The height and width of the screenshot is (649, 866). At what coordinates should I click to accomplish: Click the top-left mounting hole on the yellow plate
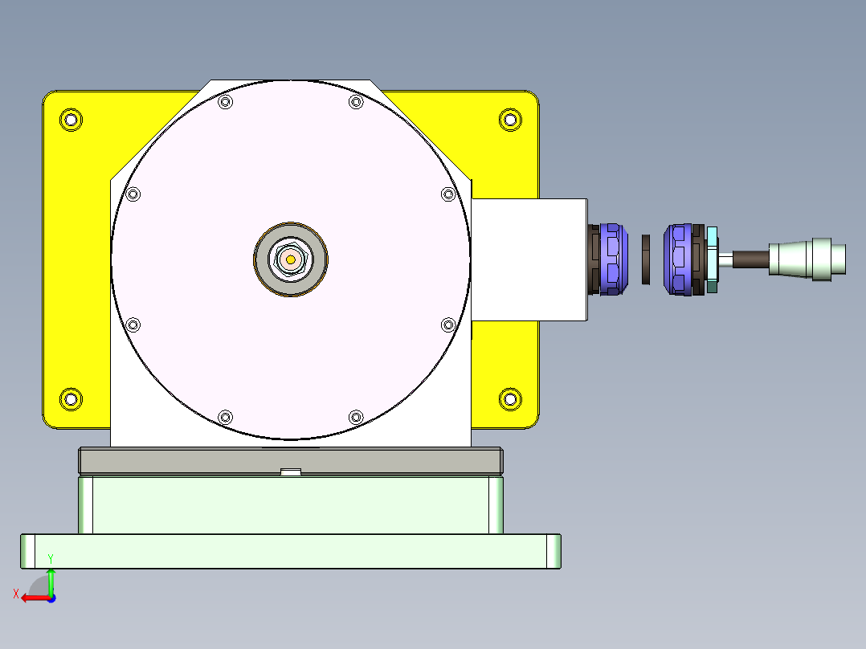[x=71, y=120]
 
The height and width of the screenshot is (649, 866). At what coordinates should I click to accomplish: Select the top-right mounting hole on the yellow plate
[x=509, y=120]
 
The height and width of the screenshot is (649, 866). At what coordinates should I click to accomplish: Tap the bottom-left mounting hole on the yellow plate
[x=71, y=398]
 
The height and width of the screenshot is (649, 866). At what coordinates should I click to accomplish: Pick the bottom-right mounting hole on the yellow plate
[x=509, y=398]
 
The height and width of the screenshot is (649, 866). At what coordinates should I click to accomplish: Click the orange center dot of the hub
[x=290, y=259]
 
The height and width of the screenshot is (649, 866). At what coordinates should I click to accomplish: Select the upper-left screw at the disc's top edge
[x=225, y=102]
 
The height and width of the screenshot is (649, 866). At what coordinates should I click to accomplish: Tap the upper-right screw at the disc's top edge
[x=356, y=102]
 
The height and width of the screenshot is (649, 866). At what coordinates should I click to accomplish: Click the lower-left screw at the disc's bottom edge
[x=225, y=416]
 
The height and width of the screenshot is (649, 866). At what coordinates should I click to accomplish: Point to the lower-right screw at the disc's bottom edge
[x=356, y=416]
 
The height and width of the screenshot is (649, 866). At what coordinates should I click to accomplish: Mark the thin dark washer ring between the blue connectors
[x=646, y=259]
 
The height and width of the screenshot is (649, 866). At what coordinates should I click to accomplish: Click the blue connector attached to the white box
[x=611, y=259]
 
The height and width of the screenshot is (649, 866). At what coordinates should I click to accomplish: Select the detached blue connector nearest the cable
[x=679, y=259]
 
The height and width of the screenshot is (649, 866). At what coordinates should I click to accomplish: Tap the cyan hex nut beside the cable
[x=712, y=259]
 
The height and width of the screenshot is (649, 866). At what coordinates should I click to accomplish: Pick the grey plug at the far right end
[x=807, y=259]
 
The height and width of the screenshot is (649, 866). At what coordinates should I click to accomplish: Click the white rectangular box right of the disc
[x=529, y=259]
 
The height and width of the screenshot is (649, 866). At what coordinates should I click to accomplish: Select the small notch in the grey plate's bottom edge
[x=290, y=471]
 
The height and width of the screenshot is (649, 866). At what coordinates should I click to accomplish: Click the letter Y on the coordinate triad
[x=51, y=558]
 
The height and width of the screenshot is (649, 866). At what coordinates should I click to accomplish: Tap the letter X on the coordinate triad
[x=16, y=594]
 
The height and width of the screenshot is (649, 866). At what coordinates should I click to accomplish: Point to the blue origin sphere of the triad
[x=51, y=598]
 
